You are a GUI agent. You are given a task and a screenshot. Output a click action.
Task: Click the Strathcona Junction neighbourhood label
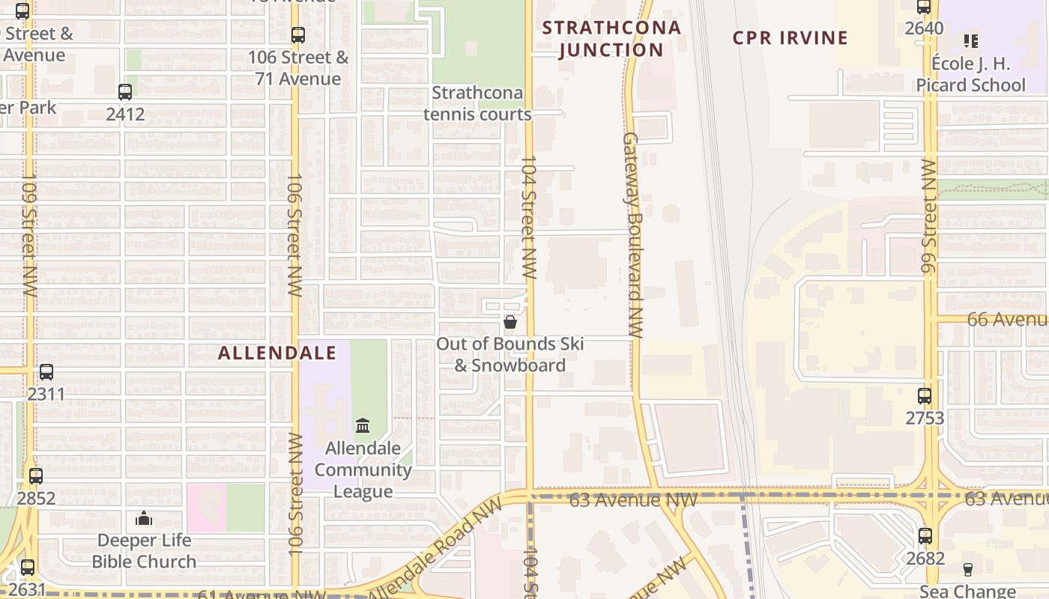pos(611,39)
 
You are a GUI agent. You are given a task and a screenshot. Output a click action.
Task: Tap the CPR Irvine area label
pos(790,38)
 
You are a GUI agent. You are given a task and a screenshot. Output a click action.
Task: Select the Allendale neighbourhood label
pos(276,353)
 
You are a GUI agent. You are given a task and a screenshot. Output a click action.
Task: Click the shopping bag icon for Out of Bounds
pos(510,322)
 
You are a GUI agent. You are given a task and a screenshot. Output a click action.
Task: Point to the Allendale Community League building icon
pos(363,426)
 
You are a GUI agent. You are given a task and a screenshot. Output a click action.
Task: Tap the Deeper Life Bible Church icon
pos(144,518)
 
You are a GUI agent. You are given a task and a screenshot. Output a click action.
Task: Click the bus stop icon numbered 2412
pos(125,92)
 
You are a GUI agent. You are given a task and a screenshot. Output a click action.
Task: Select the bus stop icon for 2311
pos(46,372)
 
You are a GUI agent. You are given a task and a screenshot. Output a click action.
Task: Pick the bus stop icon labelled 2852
pos(36,475)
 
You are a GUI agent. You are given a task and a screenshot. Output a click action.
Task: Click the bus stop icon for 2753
pos(925,396)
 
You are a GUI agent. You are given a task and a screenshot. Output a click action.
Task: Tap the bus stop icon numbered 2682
pos(925,536)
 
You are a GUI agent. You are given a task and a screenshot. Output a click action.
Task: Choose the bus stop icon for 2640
pos(924,7)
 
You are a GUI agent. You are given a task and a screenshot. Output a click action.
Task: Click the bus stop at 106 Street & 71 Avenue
pos(298,34)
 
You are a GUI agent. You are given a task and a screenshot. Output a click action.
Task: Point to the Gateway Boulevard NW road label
pos(633,236)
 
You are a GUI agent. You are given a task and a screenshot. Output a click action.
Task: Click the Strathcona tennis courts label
pos(477,103)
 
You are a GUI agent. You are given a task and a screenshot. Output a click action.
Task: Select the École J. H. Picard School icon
pos(971,40)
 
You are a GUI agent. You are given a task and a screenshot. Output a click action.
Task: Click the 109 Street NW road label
pos(29,236)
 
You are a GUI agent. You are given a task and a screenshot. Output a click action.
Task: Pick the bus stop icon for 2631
pos(28,568)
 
